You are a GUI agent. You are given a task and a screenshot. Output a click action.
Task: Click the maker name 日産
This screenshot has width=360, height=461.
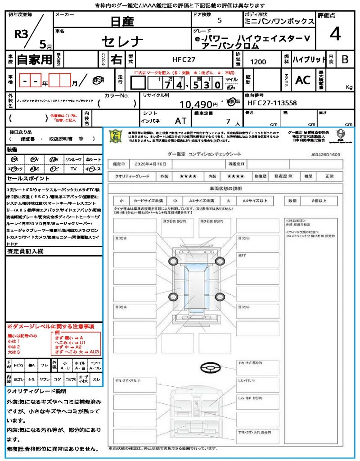(122, 21)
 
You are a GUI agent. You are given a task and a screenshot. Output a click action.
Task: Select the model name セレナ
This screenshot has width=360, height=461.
(122, 42)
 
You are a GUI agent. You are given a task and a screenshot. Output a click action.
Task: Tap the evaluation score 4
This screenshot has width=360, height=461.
(335, 34)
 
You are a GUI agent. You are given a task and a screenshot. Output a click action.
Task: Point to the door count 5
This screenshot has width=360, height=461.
(219, 21)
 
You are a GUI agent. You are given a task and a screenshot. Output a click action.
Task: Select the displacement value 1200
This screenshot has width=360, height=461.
(258, 62)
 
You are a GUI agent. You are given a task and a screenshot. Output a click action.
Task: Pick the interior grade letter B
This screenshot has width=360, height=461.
(345, 59)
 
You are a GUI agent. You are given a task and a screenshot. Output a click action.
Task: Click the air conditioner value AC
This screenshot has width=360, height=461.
(303, 80)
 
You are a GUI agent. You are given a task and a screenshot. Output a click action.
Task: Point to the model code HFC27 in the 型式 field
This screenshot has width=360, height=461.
(184, 59)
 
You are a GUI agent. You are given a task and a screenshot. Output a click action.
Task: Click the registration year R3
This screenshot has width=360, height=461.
(22, 35)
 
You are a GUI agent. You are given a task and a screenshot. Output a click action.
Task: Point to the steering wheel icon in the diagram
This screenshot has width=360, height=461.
(210, 368)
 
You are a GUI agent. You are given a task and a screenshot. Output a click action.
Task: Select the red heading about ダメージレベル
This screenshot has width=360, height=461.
(50, 326)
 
